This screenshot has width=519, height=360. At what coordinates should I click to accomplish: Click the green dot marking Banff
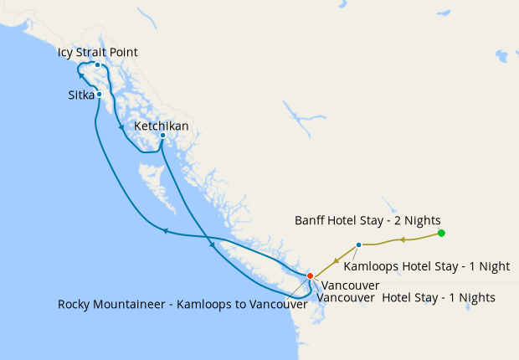pyautogui.click(x=441, y=234)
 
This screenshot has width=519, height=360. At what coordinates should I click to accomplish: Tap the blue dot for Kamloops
pyautogui.click(x=358, y=245)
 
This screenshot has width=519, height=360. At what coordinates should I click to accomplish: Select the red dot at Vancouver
pyautogui.click(x=310, y=275)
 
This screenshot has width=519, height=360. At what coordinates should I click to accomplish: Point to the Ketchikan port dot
pyautogui.click(x=162, y=136)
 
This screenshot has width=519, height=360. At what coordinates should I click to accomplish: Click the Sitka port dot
pyautogui.click(x=99, y=94)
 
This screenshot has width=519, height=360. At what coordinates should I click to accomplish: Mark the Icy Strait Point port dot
pyautogui.click(x=98, y=64)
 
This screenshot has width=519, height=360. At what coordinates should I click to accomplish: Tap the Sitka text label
pyautogui.click(x=81, y=95)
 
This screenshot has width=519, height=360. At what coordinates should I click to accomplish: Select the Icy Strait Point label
pyautogui.click(x=98, y=53)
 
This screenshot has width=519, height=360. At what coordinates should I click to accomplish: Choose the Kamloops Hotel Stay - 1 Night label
pyautogui.click(x=427, y=267)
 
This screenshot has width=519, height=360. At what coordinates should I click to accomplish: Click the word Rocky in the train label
pyautogui.click(x=75, y=305)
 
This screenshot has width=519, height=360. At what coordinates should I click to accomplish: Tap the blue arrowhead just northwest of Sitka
pyautogui.click(x=81, y=76)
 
